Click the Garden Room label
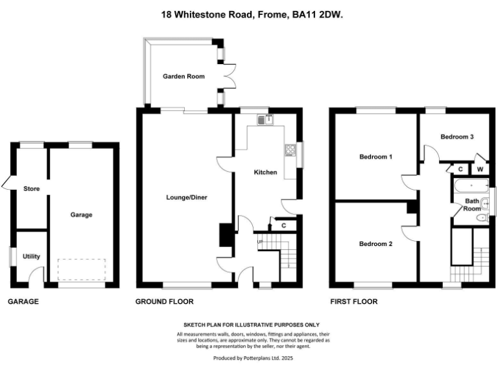pyautogui.click(x=184, y=76)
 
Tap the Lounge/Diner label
pyautogui.click(x=187, y=197)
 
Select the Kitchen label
pyautogui.click(x=265, y=172)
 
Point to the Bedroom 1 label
pyautogui.click(x=376, y=157)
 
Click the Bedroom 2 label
pyautogui.click(x=376, y=244)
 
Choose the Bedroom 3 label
pyautogui.click(x=456, y=137)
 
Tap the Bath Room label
pyautogui.click(x=473, y=205)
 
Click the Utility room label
pyautogui.click(x=31, y=256)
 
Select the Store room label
pyautogui.click(x=31, y=189)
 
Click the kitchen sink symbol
pyautogui.click(x=266, y=119)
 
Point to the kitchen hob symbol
pyautogui.click(x=289, y=152)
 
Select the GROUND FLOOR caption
pyautogui.click(x=164, y=302)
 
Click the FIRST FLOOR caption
pyautogui.click(x=353, y=302)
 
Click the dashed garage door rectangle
pyautogui.click(x=81, y=268)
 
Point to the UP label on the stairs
pyautogui.click(x=261, y=242)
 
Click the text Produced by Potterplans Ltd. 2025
pyautogui.click(x=248, y=357)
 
